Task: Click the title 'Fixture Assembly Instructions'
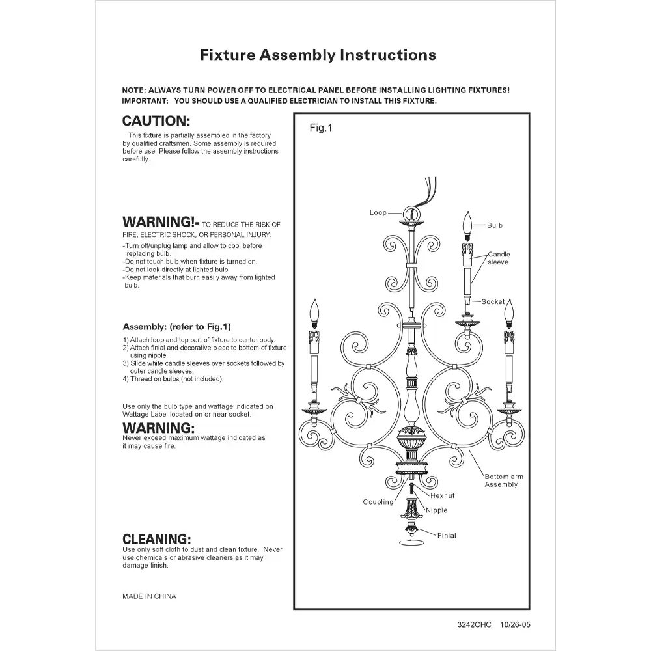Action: pyautogui.click(x=318, y=55)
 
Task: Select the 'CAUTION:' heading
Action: pyautogui.click(x=156, y=121)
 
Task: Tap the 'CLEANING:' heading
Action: pyautogui.click(x=156, y=539)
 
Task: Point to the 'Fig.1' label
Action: pyautogui.click(x=320, y=128)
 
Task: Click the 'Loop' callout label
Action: pyautogui.click(x=378, y=213)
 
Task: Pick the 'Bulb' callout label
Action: pyautogui.click(x=495, y=225)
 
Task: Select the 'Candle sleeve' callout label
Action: pyautogui.click(x=499, y=258)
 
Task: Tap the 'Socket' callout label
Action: pyautogui.click(x=493, y=302)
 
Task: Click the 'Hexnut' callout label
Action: pyautogui.click(x=443, y=496)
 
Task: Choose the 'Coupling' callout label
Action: pyautogui.click(x=378, y=502)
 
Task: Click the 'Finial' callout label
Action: pyautogui.click(x=447, y=536)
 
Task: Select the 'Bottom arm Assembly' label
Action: pyautogui.click(x=504, y=480)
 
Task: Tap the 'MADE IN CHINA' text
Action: pyautogui.click(x=149, y=596)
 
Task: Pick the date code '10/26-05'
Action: pyautogui.click(x=516, y=624)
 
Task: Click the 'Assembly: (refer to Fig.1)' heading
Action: pyautogui.click(x=176, y=327)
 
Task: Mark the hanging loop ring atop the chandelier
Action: pyautogui.click(x=410, y=213)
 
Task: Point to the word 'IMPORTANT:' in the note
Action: pyautogui.click(x=145, y=102)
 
